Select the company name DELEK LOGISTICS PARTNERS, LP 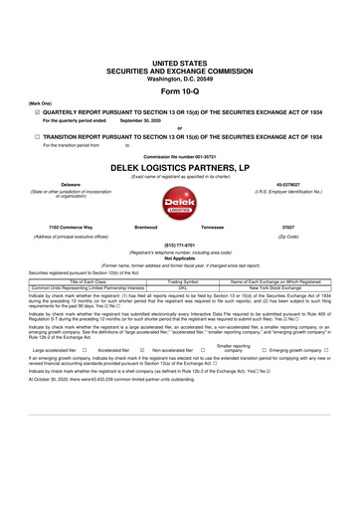point(179,170)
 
